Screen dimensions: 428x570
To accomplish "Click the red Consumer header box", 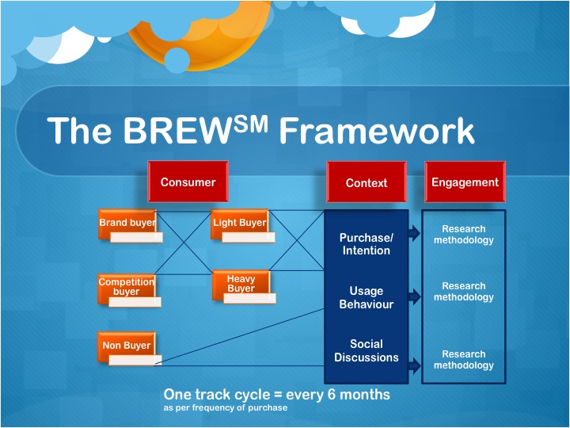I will (x=188, y=182).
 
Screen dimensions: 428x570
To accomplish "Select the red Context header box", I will (x=367, y=183).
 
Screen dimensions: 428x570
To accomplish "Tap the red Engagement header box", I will (x=465, y=182).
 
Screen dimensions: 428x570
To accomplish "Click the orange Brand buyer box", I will (x=127, y=223).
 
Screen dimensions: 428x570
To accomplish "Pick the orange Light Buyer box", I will (x=240, y=223).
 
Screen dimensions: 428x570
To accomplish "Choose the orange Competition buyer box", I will (x=126, y=287).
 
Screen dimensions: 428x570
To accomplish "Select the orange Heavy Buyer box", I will (x=241, y=283).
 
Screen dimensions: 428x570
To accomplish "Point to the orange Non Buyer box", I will (x=126, y=346).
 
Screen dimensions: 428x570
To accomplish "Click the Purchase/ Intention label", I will (x=366, y=244).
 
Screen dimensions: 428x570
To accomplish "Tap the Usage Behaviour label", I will (x=366, y=298).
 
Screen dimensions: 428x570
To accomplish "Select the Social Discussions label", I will (x=366, y=350).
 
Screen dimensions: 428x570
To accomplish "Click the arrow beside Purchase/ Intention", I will (x=414, y=233).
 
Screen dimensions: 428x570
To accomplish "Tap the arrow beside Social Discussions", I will (x=414, y=365).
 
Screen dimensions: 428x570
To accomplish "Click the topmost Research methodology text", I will (x=464, y=235).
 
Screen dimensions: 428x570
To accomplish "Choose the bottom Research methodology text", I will (x=464, y=360).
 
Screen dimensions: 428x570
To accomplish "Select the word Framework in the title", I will (x=377, y=132).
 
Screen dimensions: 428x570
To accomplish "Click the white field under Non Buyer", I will (x=135, y=361).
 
